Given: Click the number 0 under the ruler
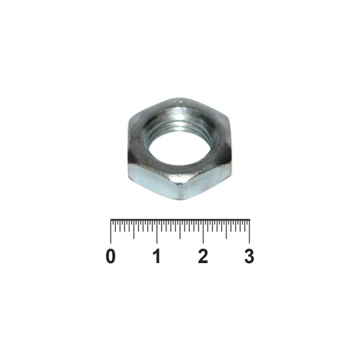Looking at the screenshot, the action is (x=111, y=256).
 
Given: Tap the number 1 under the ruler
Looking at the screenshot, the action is (x=157, y=256).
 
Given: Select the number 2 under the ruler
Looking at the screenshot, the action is (x=203, y=256).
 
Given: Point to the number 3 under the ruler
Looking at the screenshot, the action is (x=249, y=256).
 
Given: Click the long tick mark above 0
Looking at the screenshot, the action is (x=111, y=232).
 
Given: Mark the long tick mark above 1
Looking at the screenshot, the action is (x=157, y=232).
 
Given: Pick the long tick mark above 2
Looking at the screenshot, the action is (x=203, y=232).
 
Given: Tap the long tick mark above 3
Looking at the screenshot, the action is (x=249, y=232).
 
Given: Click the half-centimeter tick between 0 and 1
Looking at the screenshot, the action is (x=134, y=229).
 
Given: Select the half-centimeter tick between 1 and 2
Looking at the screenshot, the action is (x=180, y=229).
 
